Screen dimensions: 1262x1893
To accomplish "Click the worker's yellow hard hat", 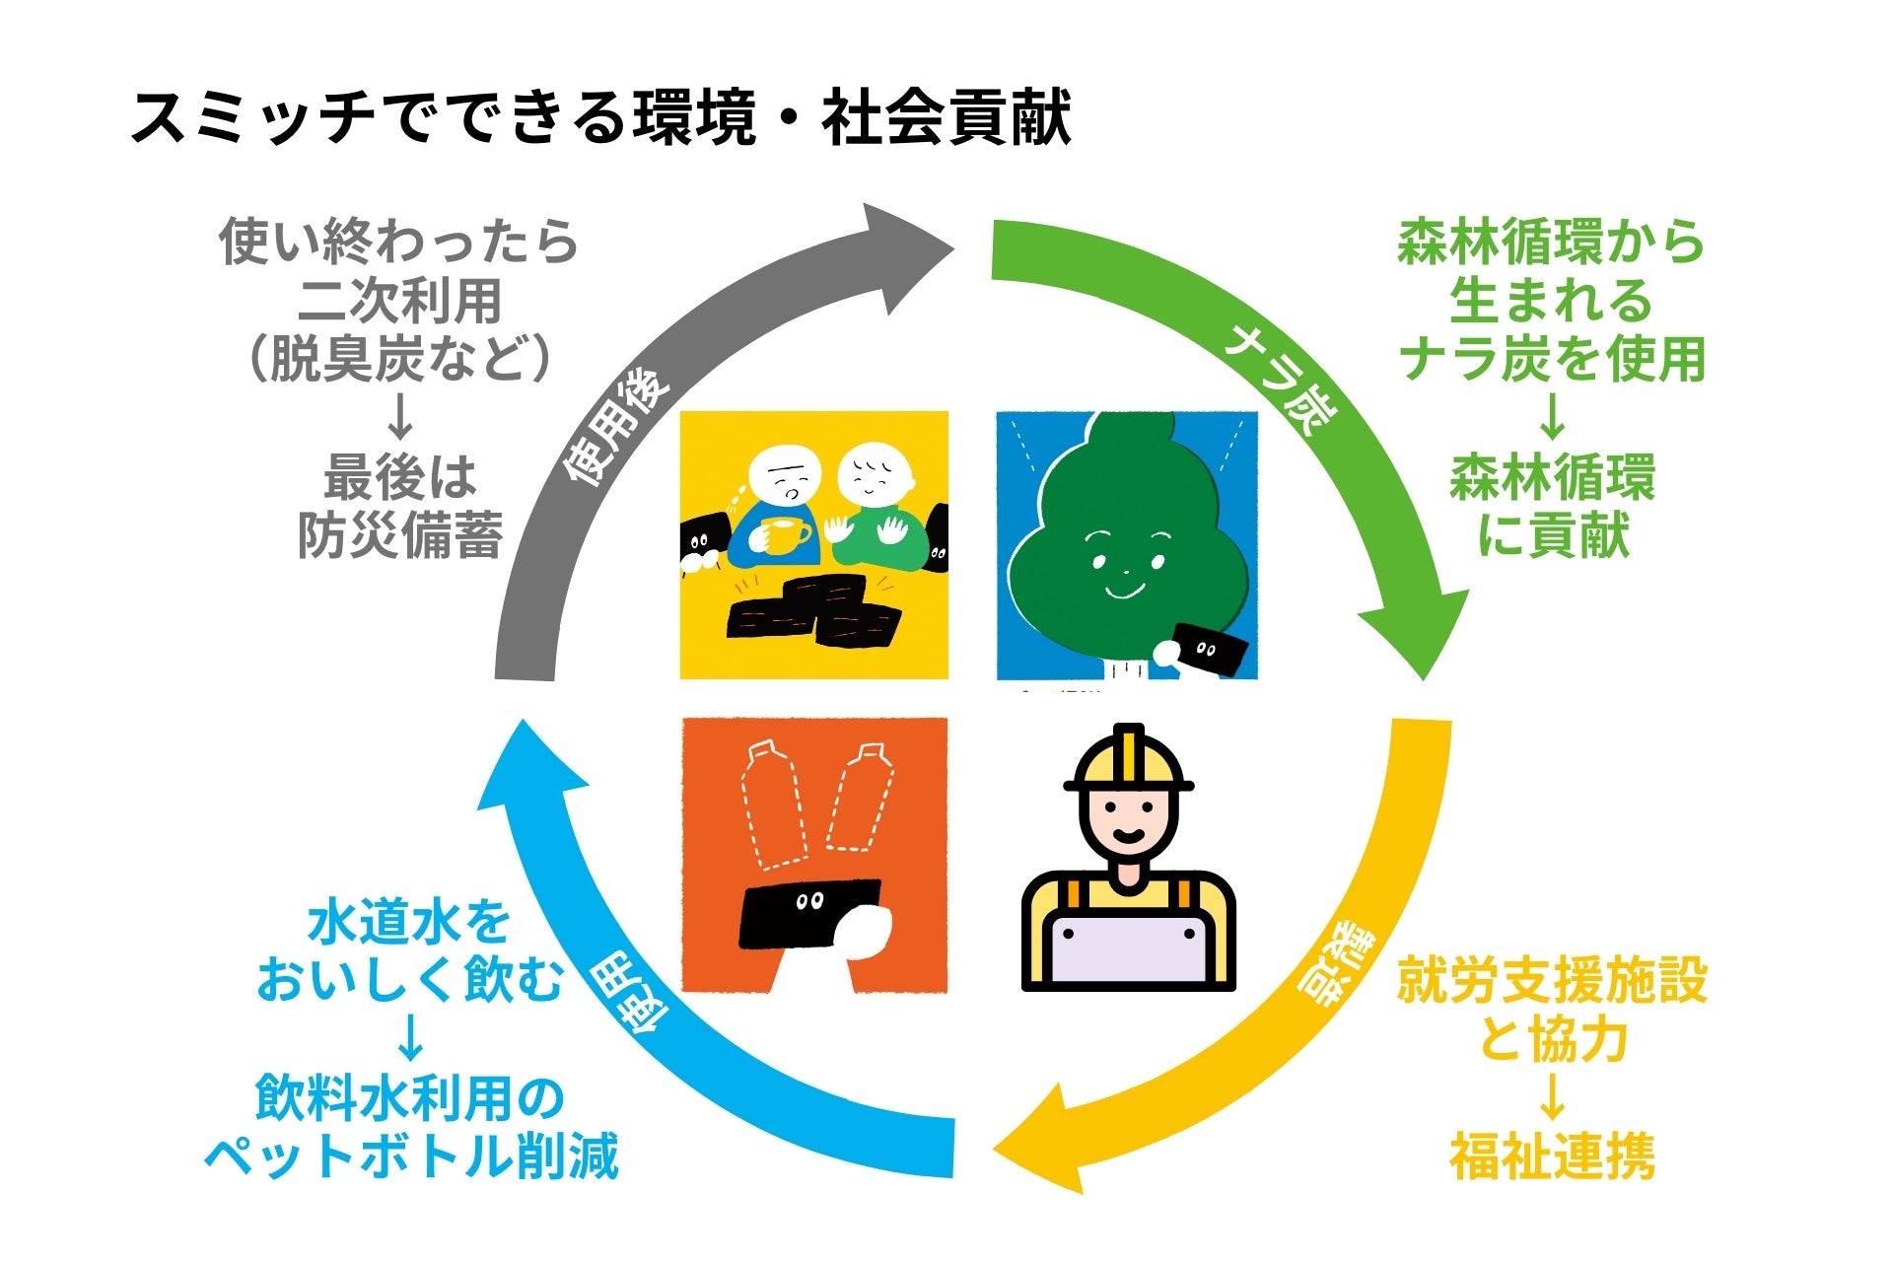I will coord(1129,761).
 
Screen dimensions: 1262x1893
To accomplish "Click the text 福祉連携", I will coord(1552,1157).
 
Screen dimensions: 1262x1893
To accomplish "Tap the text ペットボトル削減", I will coord(411,1157).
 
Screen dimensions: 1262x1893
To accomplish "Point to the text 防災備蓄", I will coord(400,535).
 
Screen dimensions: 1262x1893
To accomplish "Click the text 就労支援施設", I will coord(1552,983).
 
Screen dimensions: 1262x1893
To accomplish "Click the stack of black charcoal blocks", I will coord(814,610).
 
